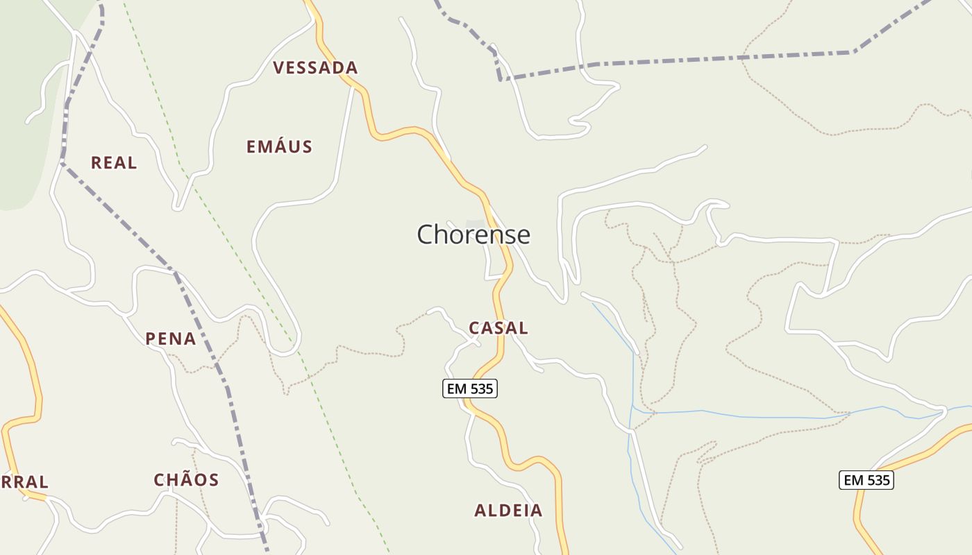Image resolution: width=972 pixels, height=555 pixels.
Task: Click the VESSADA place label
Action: (x=315, y=68)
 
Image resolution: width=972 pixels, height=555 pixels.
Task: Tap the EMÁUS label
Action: (x=279, y=147)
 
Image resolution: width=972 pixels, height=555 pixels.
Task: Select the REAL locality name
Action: (x=114, y=163)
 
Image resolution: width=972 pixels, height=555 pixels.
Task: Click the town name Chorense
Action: (x=474, y=235)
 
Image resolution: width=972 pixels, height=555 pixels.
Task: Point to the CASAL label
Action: (x=498, y=328)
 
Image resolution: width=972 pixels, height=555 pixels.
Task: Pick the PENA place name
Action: (x=171, y=339)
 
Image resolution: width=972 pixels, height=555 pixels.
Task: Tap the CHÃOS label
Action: (x=186, y=480)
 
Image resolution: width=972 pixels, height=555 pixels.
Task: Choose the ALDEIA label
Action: (x=508, y=511)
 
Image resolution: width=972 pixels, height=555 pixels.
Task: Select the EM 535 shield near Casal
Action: (x=470, y=389)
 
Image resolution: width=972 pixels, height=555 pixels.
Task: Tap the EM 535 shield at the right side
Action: (x=866, y=480)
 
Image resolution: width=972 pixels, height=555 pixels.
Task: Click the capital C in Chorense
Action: (x=426, y=235)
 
